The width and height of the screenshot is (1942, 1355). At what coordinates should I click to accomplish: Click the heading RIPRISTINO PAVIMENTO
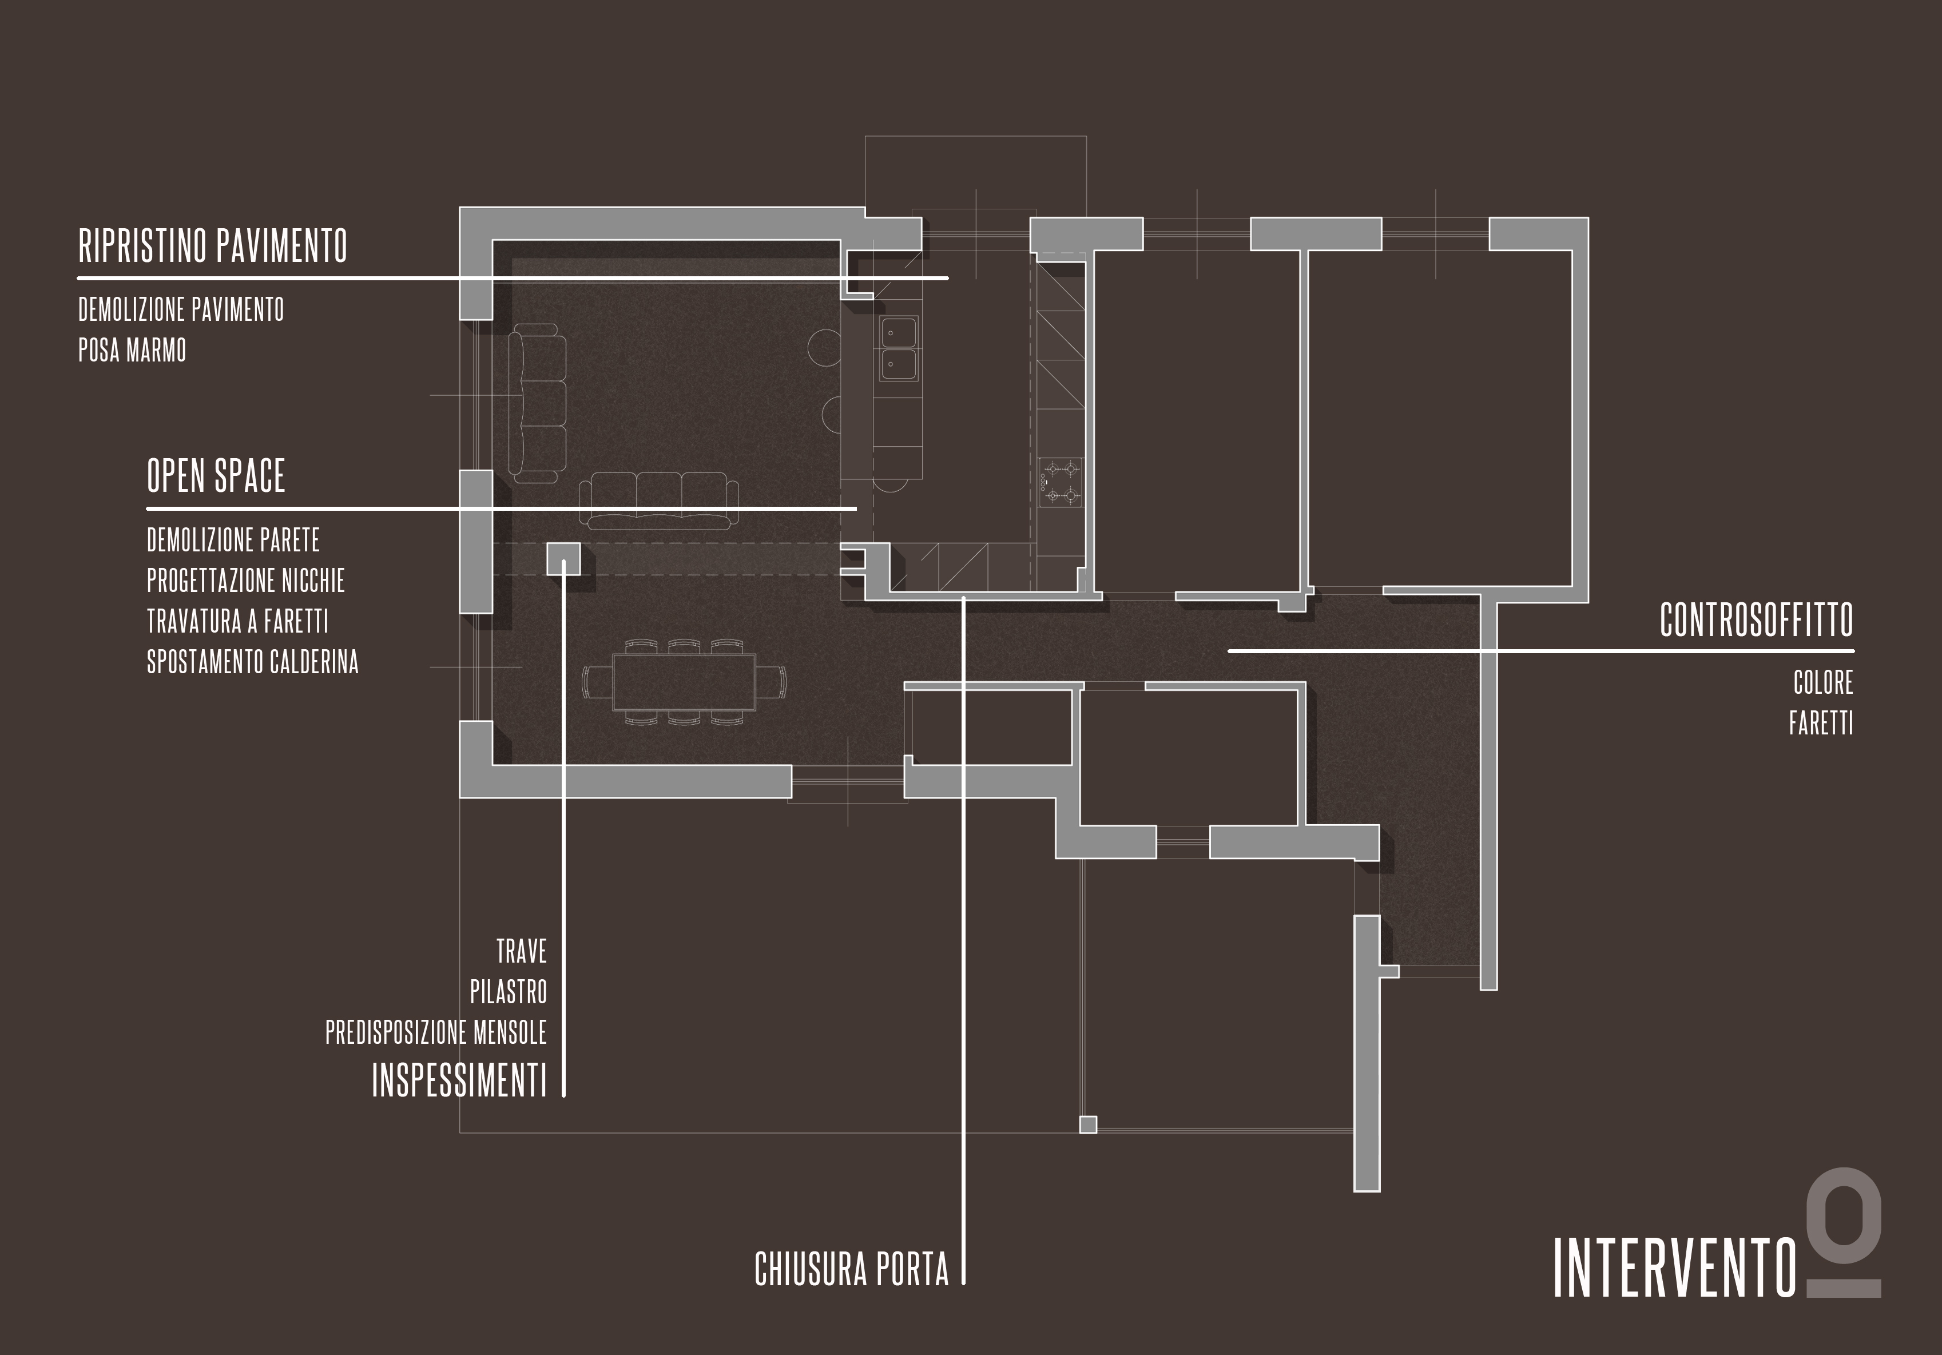point(212,246)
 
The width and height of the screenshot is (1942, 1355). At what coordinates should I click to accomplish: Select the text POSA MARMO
point(132,350)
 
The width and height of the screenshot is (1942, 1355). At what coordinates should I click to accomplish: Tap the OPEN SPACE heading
point(216,475)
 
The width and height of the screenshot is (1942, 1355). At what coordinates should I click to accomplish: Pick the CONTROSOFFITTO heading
point(1756,620)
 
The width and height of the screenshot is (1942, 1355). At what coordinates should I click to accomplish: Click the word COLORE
point(1823,682)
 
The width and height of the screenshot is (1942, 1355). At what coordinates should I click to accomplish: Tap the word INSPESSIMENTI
point(459,1080)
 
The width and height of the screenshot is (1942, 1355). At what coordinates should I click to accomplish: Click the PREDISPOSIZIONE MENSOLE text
point(436,1032)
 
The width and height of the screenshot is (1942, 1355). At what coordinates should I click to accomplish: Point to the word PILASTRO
point(509,991)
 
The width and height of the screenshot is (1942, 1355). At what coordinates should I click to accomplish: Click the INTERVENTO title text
point(1675,1269)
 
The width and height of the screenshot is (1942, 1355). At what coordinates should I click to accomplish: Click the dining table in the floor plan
point(684,682)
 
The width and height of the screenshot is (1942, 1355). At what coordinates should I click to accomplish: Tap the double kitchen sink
point(898,348)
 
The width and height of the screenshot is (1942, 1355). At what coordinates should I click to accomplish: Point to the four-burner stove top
point(1061,482)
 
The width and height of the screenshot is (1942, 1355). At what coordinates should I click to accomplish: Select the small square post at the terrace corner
point(1088,1124)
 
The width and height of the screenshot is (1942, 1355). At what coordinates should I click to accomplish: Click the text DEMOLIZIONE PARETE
point(233,539)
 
